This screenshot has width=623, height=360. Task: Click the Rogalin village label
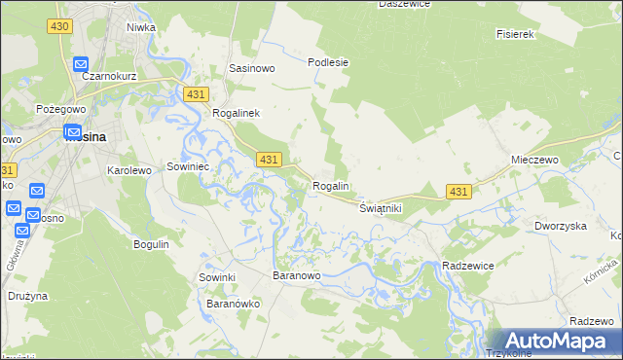click(331, 186)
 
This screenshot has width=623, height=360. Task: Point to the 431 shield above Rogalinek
click(196, 93)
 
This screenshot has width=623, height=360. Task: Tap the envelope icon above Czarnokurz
click(82, 64)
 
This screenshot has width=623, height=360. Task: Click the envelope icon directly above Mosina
click(73, 130)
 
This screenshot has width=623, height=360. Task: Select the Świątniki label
click(381, 208)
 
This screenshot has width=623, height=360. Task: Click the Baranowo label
click(296, 276)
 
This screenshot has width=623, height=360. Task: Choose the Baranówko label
click(233, 304)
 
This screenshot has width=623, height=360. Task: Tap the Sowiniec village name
click(190, 166)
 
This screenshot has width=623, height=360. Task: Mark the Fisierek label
click(516, 34)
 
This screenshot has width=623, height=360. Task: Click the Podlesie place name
click(328, 62)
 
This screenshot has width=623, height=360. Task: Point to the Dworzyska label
click(560, 226)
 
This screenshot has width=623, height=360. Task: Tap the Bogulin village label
click(151, 243)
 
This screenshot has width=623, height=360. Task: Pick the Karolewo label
click(129, 170)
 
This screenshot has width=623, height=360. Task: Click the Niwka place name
click(141, 27)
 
